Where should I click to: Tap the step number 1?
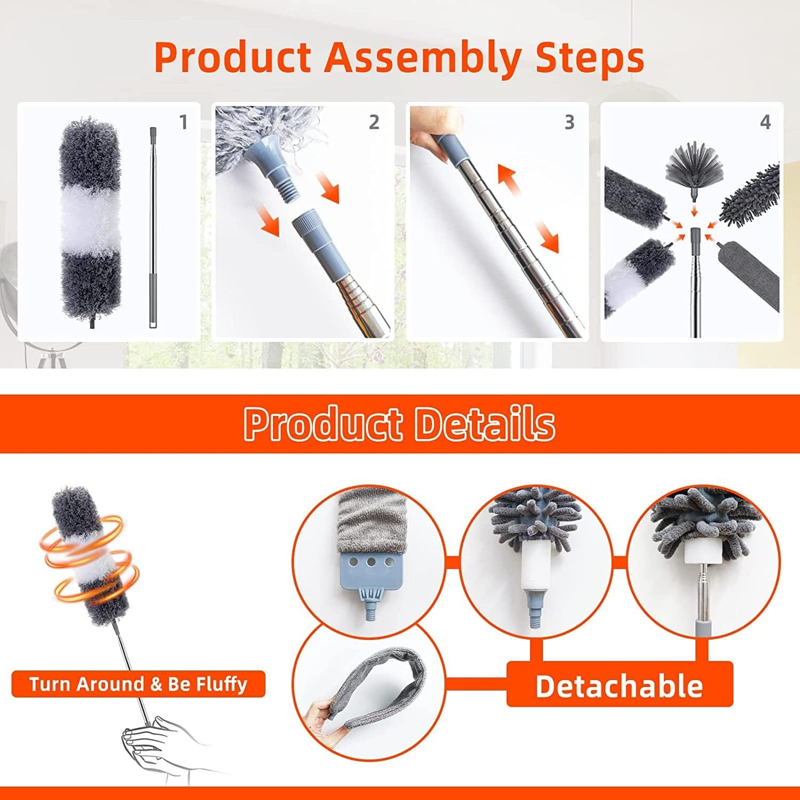pyautogui.click(x=183, y=123)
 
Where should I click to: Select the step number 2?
pyautogui.click(x=374, y=123)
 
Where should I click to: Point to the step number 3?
pyautogui.click(x=569, y=123)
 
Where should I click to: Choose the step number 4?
pyautogui.click(x=765, y=123)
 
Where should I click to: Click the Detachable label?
pyautogui.click(x=619, y=685)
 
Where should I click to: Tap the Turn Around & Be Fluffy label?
pyautogui.click(x=138, y=684)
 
